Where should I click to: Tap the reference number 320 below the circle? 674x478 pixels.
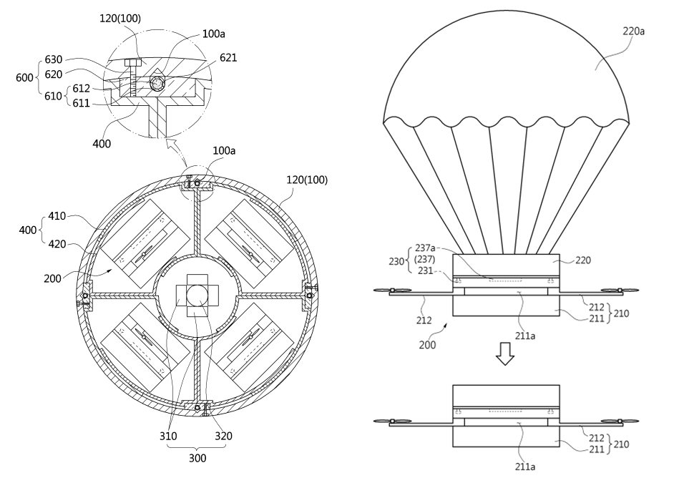(222, 435)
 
